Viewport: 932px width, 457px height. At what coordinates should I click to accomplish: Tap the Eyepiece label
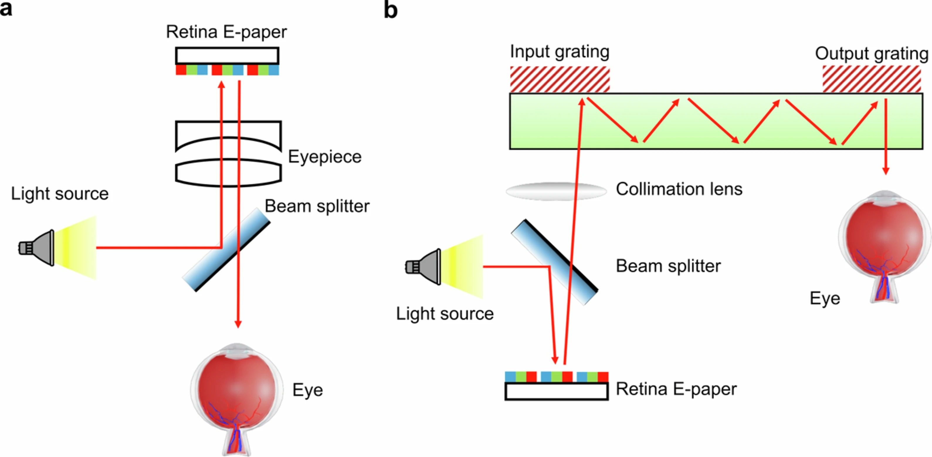pyautogui.click(x=325, y=157)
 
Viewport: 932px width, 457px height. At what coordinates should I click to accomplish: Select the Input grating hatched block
pyautogui.click(x=560, y=79)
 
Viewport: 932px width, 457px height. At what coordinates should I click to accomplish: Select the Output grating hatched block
pyautogui.click(x=872, y=79)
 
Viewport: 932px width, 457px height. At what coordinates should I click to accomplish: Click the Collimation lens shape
pyautogui.click(x=556, y=191)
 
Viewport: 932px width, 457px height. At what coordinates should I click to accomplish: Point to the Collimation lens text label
pyautogui.click(x=679, y=189)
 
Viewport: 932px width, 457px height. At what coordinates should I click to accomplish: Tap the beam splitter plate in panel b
pyautogui.click(x=555, y=262)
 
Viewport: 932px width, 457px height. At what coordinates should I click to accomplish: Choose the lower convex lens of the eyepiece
pyautogui.click(x=228, y=173)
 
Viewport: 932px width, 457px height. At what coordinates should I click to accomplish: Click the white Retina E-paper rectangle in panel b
pyautogui.click(x=556, y=392)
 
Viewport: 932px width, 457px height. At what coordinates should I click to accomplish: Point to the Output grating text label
pyautogui.click(x=872, y=54)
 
